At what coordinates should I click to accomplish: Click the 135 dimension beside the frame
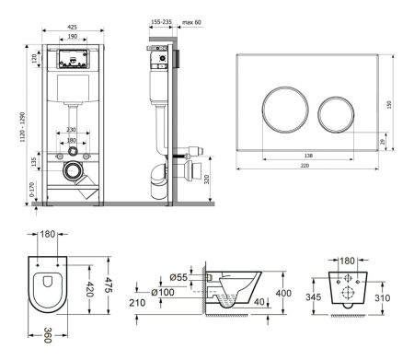pos(35,163)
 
